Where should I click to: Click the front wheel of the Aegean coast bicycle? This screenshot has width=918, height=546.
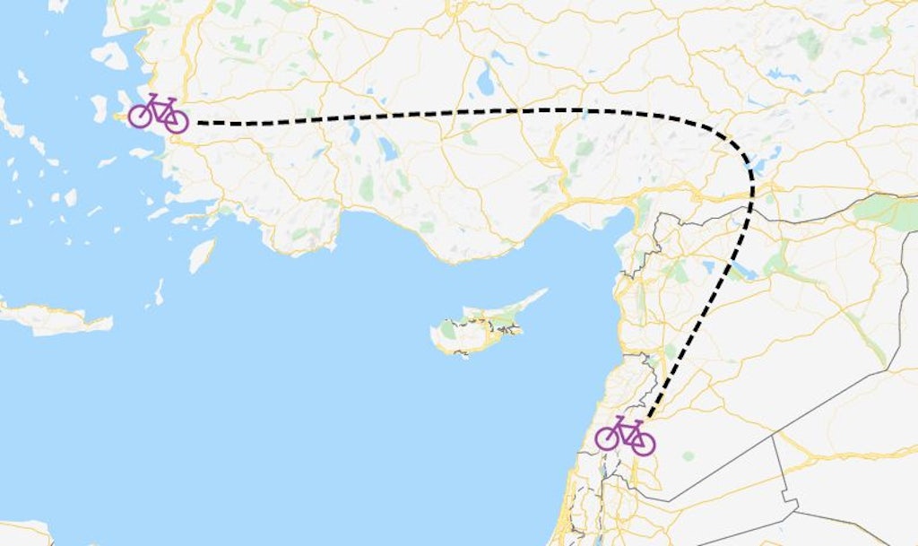click(176, 121)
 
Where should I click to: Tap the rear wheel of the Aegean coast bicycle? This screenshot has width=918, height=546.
click(140, 115)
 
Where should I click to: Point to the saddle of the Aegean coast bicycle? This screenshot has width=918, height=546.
click(152, 95)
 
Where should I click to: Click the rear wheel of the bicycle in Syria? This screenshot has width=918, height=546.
click(607, 438)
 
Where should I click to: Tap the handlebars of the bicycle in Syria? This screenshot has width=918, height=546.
click(637, 420)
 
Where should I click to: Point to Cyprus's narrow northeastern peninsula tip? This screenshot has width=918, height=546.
click(544, 290)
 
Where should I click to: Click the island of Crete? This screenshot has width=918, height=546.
click(54, 318)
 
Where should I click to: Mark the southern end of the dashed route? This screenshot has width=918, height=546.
click(647, 417)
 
